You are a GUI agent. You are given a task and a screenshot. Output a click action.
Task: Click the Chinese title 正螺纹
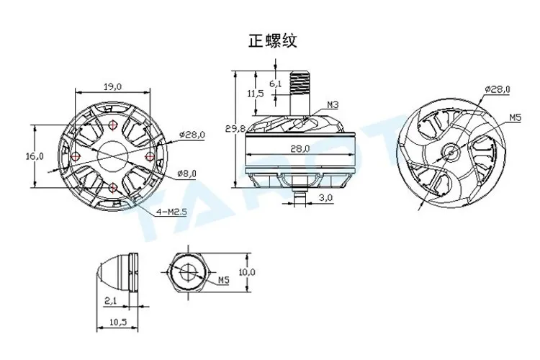coord(272,41)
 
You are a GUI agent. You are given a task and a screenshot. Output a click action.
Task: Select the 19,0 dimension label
coord(113,86)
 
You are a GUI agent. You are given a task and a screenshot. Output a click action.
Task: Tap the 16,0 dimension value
coord(35,156)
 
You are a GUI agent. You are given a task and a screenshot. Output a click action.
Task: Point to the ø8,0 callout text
coord(186,174)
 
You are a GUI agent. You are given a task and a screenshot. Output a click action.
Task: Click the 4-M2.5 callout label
coord(171,212)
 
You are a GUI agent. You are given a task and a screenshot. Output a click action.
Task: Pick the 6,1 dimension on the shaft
coord(275,84)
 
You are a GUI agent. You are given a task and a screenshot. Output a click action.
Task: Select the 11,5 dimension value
coord(256,93)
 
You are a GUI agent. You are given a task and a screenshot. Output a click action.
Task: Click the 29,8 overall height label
coord(235,128)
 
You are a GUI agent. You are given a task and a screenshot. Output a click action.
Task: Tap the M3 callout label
coord(333,104)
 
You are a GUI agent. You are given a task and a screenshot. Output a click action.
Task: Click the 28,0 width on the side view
coord(300,148)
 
